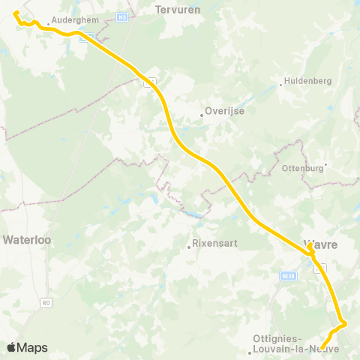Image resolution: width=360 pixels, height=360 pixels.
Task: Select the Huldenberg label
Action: click(x=306, y=82)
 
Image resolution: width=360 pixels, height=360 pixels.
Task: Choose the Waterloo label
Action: click(x=25, y=241)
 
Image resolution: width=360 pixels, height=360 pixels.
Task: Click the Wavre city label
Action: click(x=321, y=244)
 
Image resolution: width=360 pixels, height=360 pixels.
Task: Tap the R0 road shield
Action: click(x=46, y=303)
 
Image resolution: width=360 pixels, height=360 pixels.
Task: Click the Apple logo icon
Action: click(x=12, y=347)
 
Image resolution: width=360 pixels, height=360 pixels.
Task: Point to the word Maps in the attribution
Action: click(x=32, y=347)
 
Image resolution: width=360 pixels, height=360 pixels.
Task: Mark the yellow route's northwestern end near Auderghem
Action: click(x=16, y=13)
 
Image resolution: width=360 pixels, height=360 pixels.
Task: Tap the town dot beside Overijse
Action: click(x=202, y=115)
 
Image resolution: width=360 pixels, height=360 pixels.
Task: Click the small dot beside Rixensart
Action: click(x=189, y=246)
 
